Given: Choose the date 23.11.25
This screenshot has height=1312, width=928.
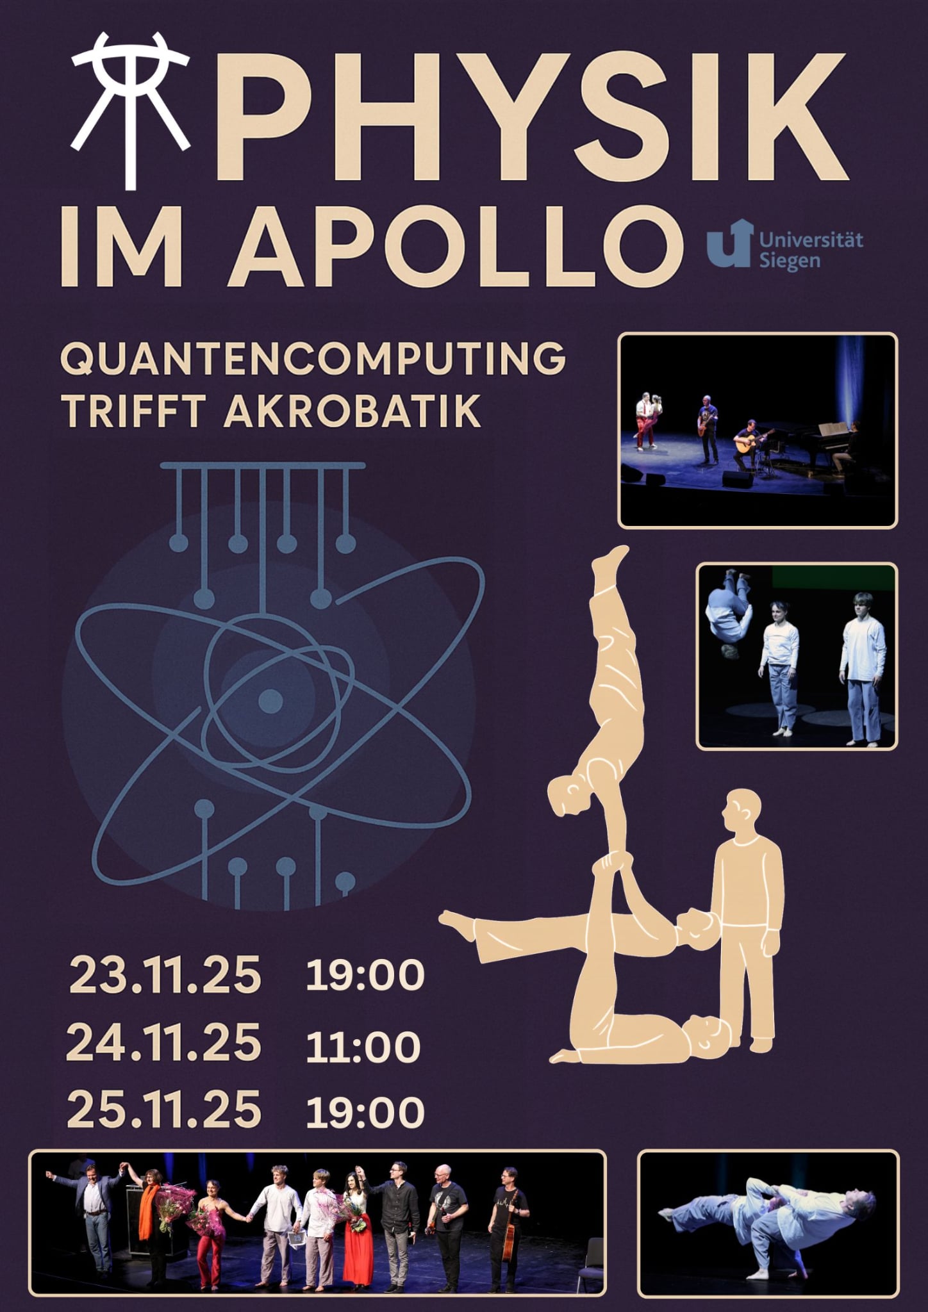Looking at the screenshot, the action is [x=165, y=977].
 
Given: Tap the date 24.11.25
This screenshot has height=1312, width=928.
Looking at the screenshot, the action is [x=164, y=1044].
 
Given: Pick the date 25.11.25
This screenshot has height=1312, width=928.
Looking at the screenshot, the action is [x=164, y=1111].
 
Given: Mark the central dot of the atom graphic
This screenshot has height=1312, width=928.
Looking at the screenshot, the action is [x=270, y=702].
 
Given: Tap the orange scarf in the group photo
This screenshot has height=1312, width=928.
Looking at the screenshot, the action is [x=149, y=1208].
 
